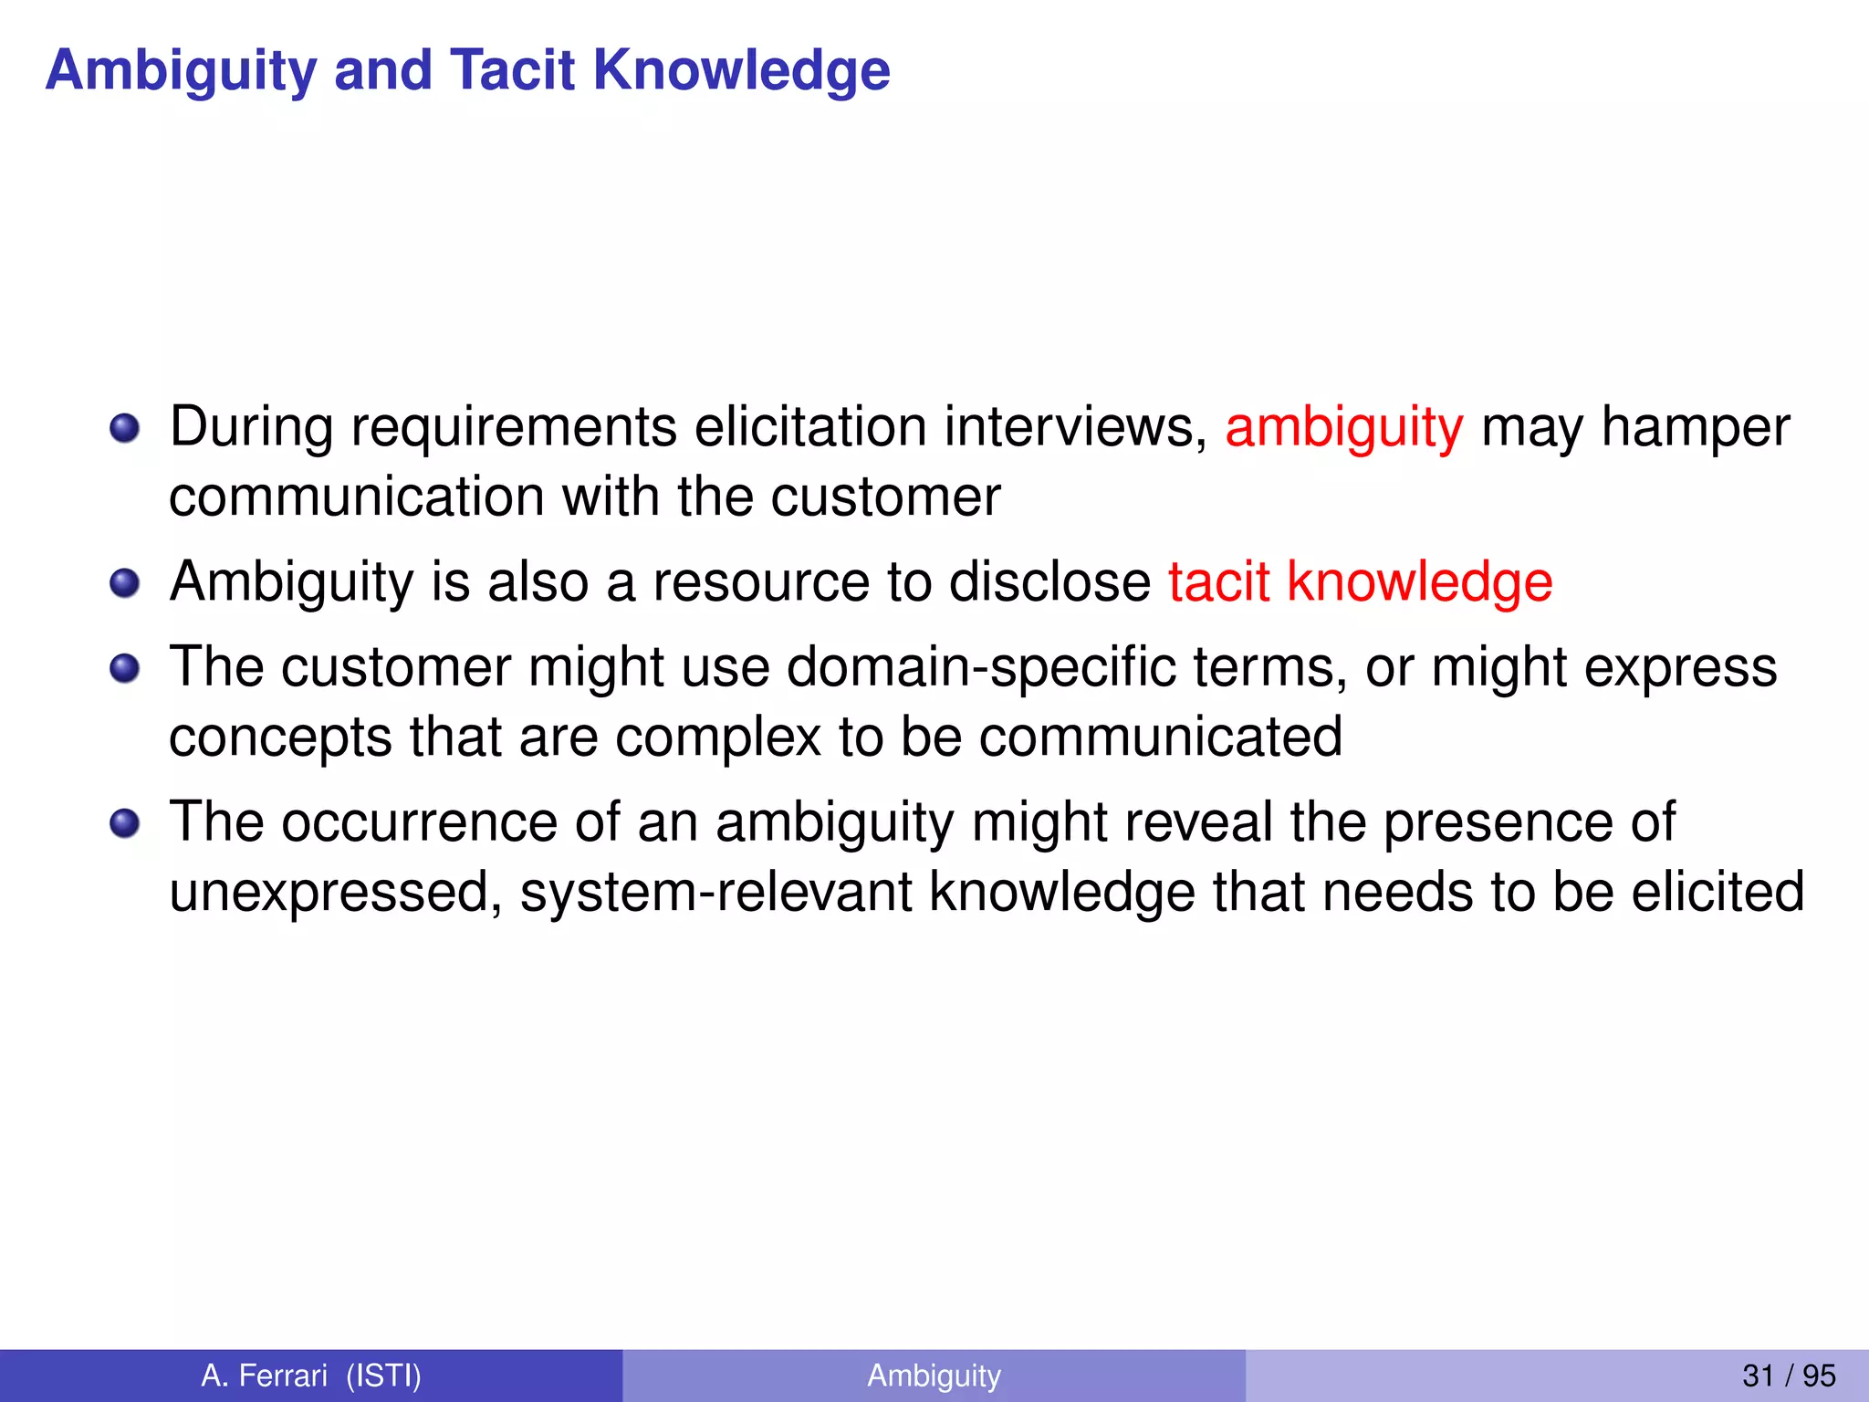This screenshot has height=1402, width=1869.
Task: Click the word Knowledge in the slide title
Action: click(741, 70)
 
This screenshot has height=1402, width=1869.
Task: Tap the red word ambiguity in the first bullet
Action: click(1343, 427)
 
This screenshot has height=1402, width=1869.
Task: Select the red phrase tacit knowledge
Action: click(1360, 581)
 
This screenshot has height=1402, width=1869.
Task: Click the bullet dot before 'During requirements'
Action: click(125, 427)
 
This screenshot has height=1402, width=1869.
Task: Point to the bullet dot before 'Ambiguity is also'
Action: click(125, 582)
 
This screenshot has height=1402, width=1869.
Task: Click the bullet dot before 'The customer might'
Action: click(125, 669)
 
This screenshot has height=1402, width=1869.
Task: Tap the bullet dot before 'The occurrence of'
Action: click(125, 823)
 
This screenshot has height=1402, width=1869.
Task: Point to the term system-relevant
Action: click(716, 892)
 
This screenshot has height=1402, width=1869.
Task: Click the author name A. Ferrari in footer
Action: click(264, 1375)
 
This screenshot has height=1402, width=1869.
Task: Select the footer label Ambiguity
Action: click(934, 1375)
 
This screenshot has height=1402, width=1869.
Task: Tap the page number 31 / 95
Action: click(1788, 1375)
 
